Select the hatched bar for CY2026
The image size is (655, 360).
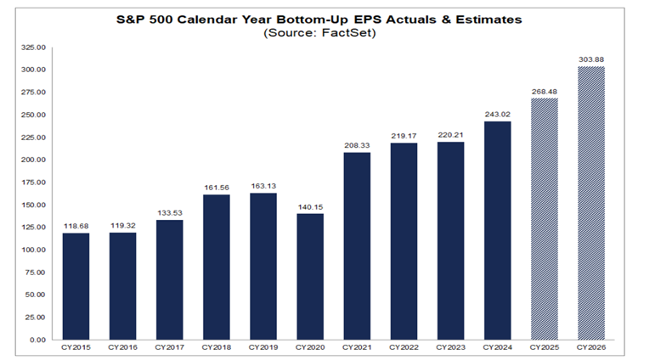click(x=592, y=204)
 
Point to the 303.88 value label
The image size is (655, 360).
click(x=592, y=59)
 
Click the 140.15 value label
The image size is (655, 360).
click(x=311, y=205)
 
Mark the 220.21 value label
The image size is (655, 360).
click(x=451, y=134)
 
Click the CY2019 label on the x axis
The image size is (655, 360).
click(x=263, y=347)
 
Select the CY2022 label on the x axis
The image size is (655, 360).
click(x=404, y=347)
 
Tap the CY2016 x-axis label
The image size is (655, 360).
click(x=123, y=347)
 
